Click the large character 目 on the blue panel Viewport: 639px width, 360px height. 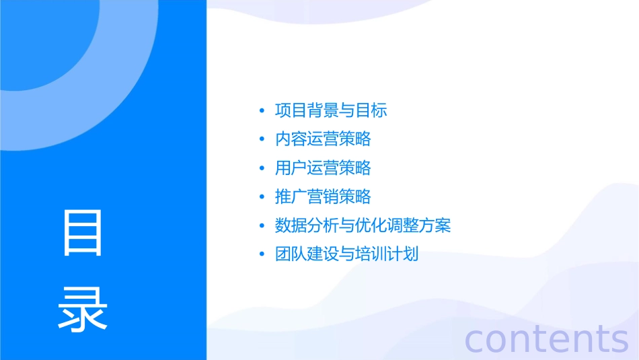(x=83, y=232)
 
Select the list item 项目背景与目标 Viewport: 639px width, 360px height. (x=331, y=110)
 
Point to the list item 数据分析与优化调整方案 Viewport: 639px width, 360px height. (x=363, y=225)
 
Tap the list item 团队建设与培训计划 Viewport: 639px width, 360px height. (x=346, y=254)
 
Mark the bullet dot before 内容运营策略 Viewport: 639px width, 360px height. (x=261, y=140)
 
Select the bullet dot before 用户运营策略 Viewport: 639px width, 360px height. (x=261, y=168)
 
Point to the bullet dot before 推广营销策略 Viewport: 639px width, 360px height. (x=261, y=197)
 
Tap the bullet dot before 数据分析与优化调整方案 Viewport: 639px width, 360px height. (x=261, y=226)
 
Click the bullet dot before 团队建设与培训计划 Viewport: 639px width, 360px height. (x=261, y=255)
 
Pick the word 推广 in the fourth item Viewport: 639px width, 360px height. (x=291, y=196)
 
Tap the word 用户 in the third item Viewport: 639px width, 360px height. (x=291, y=168)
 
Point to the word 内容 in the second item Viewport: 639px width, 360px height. (x=291, y=139)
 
